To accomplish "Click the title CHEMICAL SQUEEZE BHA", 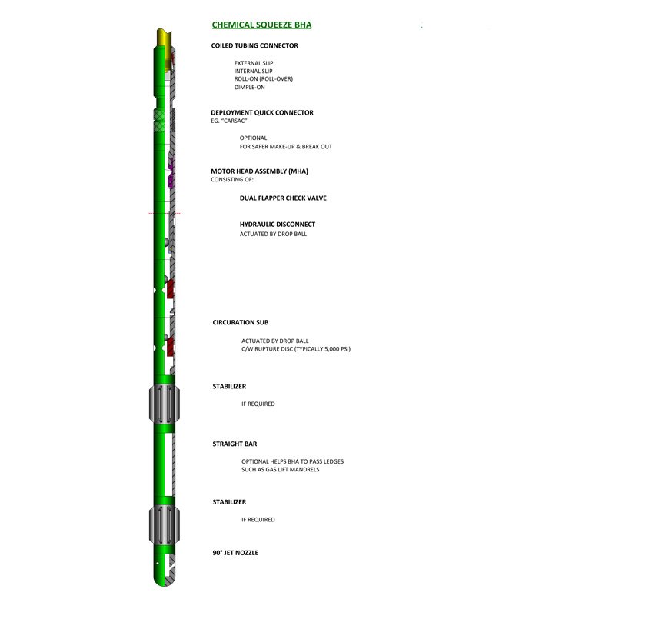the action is click(x=261, y=25).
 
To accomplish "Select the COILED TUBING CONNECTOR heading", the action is click(x=254, y=45).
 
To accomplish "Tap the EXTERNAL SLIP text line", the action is click(x=254, y=63).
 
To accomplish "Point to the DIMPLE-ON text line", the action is click(x=250, y=87).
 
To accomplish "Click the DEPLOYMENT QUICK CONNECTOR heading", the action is click(x=262, y=113).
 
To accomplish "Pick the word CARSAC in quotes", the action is click(x=234, y=121).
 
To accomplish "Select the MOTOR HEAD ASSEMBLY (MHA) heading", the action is click(x=260, y=171).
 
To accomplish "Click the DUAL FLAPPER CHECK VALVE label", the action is click(x=283, y=198).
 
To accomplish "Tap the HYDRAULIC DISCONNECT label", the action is click(x=278, y=225).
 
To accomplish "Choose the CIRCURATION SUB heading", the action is click(x=240, y=322).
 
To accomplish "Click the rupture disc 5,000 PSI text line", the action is click(x=296, y=349).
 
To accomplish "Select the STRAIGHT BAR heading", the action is click(x=235, y=444).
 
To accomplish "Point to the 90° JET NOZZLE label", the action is click(x=235, y=553).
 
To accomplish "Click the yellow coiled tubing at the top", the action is click(x=164, y=37).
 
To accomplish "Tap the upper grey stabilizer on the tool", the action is click(x=165, y=404).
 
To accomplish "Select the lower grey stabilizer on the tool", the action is click(x=165, y=524).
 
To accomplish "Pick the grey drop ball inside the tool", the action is click(x=167, y=242).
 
